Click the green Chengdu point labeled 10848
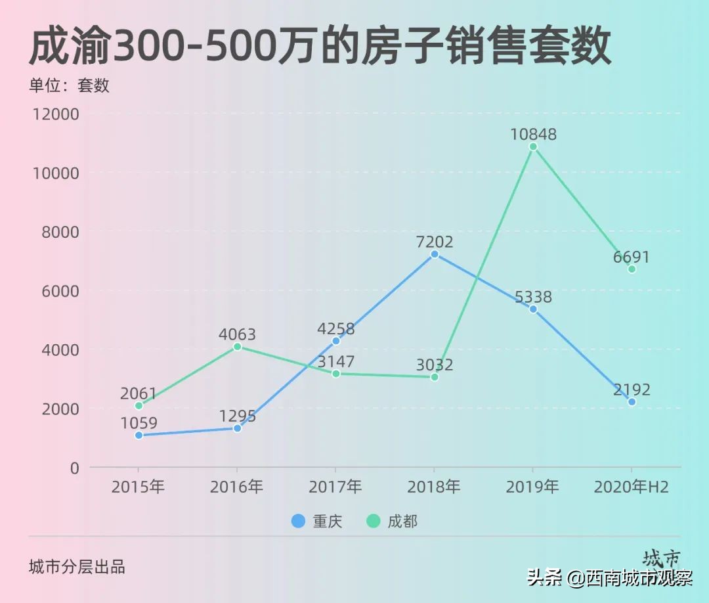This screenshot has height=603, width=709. coord(533,146)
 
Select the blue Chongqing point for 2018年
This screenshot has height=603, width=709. coord(435,254)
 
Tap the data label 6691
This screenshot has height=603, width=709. coord(631,257)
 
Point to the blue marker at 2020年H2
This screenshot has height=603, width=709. coord(632,402)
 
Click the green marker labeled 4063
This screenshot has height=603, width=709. coord(237,346)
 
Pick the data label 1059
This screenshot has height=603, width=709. coord(139,424)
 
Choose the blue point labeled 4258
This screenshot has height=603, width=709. coord(336,341)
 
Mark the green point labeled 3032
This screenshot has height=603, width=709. coord(435,377)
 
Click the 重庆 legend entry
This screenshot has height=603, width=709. coord(317,522)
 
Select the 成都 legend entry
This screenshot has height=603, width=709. coord(392,522)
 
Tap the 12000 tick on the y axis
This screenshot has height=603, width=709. coord(55,114)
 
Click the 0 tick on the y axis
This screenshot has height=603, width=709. coord(74,468)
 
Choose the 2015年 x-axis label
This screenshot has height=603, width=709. coord(138,487)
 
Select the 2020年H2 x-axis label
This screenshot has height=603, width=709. coord(631,487)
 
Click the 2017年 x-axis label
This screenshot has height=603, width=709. coord(335,487)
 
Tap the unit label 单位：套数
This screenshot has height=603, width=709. coord(69,85)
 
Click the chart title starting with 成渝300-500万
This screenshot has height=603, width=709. coord(320,47)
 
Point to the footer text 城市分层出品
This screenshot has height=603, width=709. coord(77,567)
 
